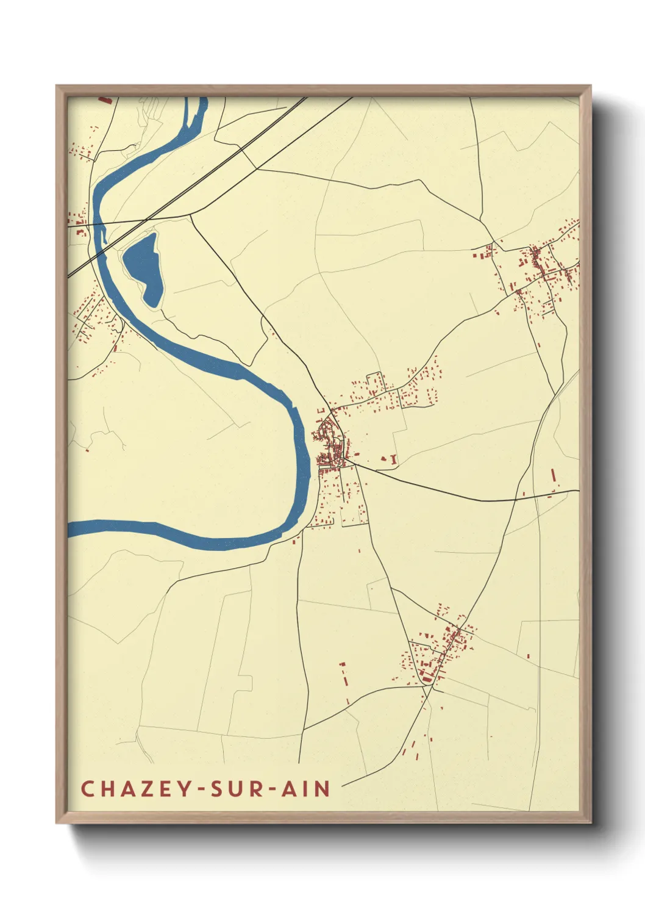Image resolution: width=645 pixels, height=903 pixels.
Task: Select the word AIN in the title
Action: coord(305,788)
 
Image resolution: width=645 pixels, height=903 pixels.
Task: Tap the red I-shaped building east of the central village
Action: coord(394,459)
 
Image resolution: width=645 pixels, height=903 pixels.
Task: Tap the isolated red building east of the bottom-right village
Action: coord(528,657)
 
